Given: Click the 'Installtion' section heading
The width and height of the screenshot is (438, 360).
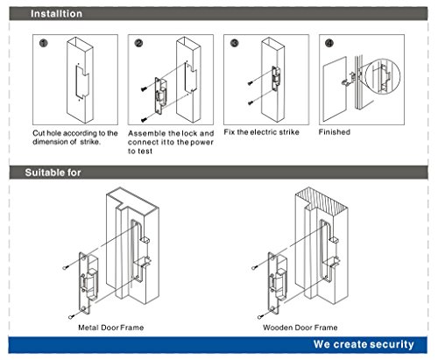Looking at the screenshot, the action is coord(56,14).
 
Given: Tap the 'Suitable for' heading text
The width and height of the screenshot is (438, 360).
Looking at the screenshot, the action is coord(53,173).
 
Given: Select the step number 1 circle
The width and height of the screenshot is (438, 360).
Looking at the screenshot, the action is coord(44,43).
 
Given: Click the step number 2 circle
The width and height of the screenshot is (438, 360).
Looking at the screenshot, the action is coord(138,43).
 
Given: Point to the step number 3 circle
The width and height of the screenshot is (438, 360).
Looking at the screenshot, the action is coord(235,43).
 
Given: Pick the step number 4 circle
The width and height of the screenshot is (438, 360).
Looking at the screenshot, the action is coord(329,43).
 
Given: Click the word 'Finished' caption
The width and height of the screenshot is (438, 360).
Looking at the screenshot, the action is coord(335,132).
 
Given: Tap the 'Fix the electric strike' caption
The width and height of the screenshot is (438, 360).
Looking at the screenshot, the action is coord(261,132).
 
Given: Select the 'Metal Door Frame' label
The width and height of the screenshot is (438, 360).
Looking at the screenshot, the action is coord(111,328).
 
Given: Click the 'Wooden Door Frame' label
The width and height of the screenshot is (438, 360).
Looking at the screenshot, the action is coord(300,328).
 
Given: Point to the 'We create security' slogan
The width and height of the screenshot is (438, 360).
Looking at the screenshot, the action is coord(364,344).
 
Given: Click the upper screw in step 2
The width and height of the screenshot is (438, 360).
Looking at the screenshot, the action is coord(144,88).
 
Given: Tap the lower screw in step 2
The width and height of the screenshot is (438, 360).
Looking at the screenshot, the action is coord(144,120).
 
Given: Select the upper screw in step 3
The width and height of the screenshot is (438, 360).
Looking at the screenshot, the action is coord(250,83).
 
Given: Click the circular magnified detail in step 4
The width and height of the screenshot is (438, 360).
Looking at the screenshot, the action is coord(383,76).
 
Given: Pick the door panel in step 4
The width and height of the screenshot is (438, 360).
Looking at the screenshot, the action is coord(335,89).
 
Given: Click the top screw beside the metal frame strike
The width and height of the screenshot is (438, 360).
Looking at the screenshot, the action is coord(66,267).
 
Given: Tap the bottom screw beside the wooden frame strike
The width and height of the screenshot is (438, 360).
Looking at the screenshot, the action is coord(260,316).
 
